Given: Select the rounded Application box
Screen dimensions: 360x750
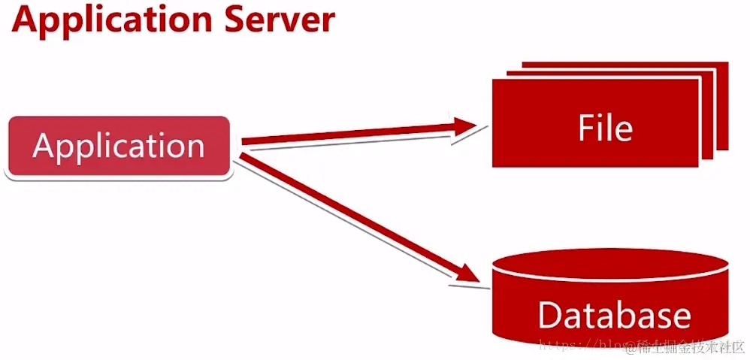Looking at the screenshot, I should coord(118,147).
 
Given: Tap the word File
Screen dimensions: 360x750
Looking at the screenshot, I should coord(605,128).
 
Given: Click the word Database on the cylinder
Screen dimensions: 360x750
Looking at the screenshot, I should coord(614,315).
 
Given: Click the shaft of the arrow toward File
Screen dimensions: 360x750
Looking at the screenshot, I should coord(346,135).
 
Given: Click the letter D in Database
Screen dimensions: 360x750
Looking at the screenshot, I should coord(552,315).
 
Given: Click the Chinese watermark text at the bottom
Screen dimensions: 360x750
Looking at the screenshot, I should coord(691,346).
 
